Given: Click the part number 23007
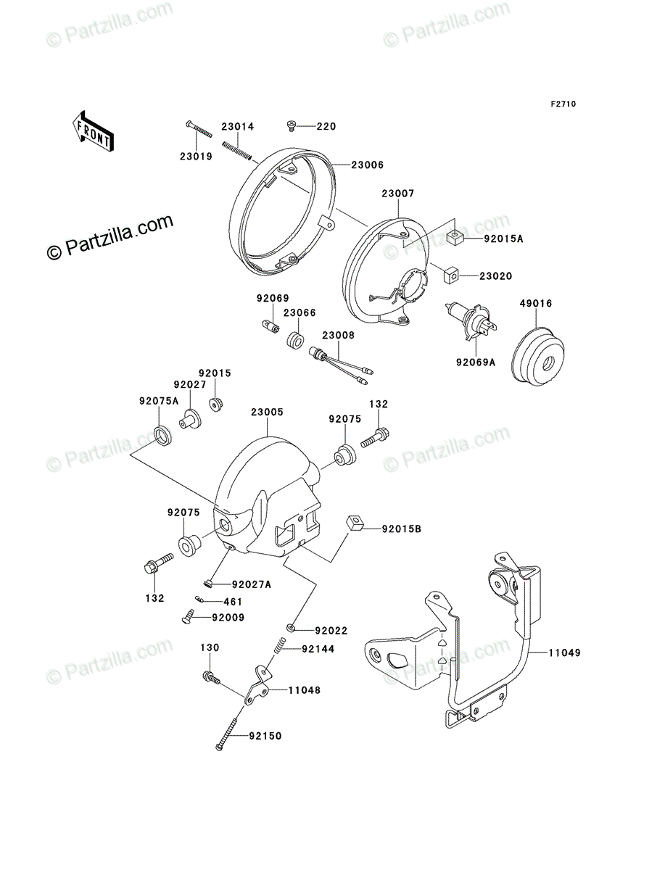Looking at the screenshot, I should (397, 194).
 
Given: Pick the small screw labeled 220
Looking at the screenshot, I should (292, 127).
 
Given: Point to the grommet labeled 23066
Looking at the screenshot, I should (294, 340).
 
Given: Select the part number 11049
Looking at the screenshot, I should (566, 652).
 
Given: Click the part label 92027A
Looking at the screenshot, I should (250, 584).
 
